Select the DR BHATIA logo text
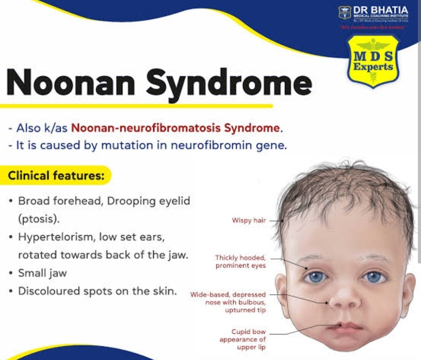coord(380,9)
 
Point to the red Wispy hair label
coord(249,221)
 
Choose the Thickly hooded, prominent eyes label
coord(241,261)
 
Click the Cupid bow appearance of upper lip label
coord(242,339)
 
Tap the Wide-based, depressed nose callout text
coord(228,302)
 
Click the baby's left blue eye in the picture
coord(315,277)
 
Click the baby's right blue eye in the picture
coord(374,277)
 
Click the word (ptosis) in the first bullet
coord(39,219)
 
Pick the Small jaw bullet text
coord(42,273)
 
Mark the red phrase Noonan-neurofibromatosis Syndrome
coord(176,128)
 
